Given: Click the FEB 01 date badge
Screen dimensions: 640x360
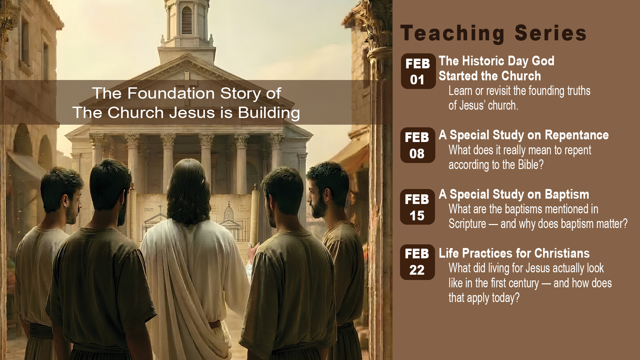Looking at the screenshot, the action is click(x=418, y=71).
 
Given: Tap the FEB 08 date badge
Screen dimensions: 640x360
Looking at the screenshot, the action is click(x=418, y=145).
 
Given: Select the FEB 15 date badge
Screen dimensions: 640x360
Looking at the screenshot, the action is click(x=417, y=207).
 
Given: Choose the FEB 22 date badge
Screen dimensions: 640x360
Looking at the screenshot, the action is click(x=417, y=262).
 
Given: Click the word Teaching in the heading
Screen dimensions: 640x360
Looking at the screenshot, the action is click(x=453, y=34).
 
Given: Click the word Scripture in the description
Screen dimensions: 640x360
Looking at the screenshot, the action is click(x=467, y=224).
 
